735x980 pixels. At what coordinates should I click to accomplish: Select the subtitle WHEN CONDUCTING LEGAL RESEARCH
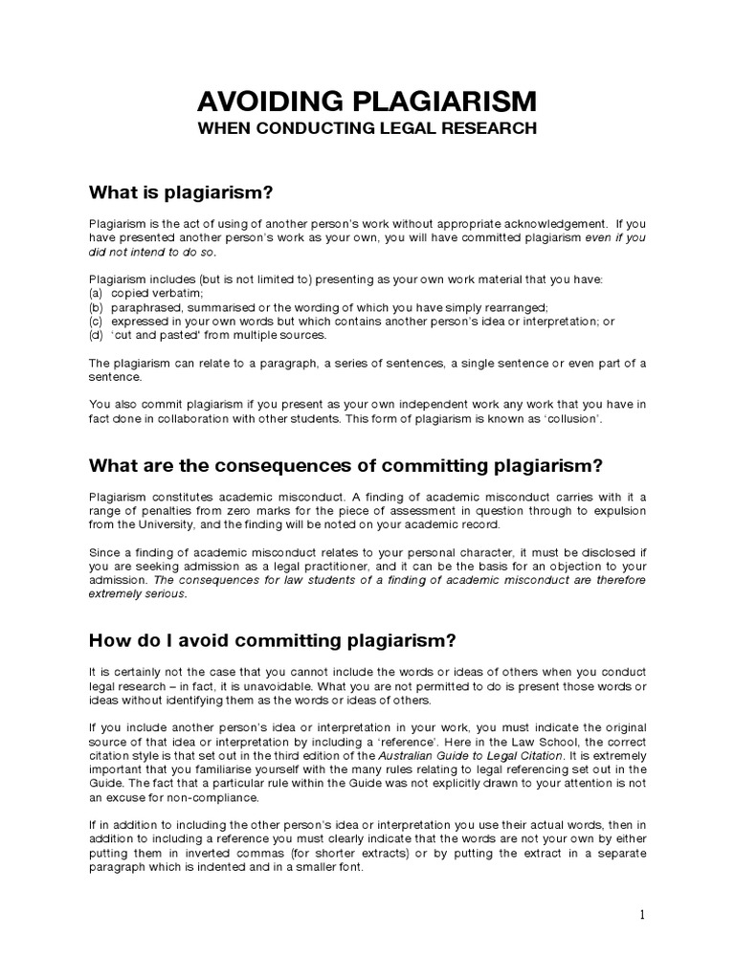[367, 128]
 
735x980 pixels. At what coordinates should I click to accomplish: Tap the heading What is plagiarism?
[181, 193]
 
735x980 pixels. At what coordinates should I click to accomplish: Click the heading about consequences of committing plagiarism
[345, 466]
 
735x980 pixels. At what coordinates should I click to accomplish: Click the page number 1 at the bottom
[642, 915]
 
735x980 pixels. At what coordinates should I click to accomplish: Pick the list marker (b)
[96, 306]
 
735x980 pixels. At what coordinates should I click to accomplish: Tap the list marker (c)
[96, 321]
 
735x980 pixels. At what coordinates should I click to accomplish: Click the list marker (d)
[96, 335]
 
